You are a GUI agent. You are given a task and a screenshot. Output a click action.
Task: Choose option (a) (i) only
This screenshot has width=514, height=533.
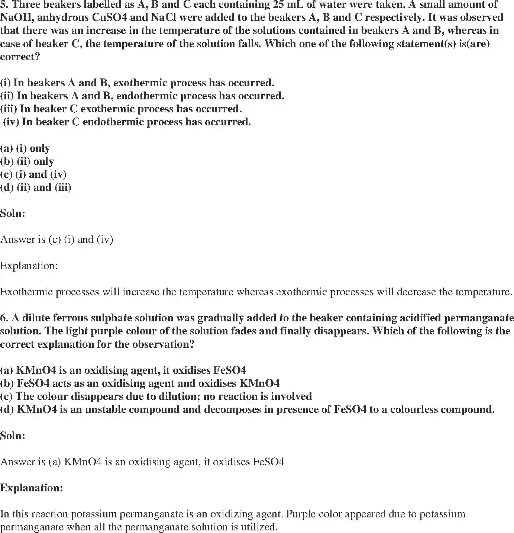click(25, 148)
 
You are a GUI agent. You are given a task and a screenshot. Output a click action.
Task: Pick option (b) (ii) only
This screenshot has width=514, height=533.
click(27, 161)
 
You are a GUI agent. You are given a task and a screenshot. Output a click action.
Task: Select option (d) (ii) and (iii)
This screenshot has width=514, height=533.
click(36, 187)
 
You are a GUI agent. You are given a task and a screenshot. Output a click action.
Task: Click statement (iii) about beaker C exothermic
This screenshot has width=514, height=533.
click(121, 109)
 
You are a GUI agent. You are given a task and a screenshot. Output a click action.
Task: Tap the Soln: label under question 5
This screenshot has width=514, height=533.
click(13, 213)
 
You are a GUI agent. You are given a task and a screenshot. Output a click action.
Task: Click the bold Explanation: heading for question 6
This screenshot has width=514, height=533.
click(32, 488)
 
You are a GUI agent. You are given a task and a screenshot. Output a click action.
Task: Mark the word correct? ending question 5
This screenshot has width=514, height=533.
click(20, 57)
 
